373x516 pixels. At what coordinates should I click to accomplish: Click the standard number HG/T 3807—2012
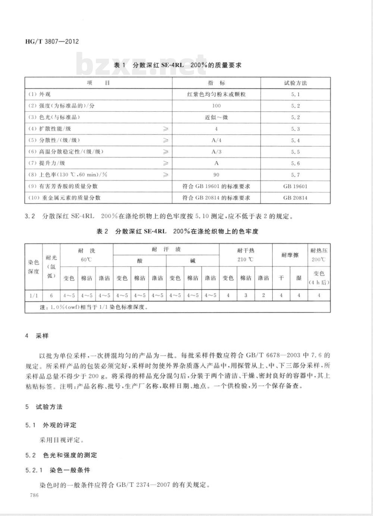coord(52,41)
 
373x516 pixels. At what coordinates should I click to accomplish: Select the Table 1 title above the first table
coord(178,65)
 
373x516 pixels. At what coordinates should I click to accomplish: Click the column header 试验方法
coord(295,83)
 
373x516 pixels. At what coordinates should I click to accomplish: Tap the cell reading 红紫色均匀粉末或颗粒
coord(216,95)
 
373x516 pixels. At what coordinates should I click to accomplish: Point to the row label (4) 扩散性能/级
coord(50,129)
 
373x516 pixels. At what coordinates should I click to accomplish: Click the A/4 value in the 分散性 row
coord(216,140)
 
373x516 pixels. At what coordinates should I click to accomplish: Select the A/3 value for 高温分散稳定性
coord(216,152)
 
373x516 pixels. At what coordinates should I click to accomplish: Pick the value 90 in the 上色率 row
coord(216,175)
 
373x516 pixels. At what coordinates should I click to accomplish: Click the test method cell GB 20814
coord(295,198)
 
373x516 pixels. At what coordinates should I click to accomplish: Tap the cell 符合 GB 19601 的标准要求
coord(216,186)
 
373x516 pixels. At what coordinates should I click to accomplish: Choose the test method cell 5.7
coord(295,175)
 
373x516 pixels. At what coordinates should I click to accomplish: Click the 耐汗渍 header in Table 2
coord(166,250)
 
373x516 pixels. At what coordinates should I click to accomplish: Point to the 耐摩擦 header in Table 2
coord(290,255)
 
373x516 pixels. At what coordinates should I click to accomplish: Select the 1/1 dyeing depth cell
coord(34,296)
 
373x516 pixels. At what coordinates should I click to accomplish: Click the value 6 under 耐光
coord(51,296)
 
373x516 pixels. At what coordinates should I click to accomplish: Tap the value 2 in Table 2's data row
coord(263,296)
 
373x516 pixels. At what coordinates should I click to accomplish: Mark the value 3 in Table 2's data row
coord(245,296)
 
